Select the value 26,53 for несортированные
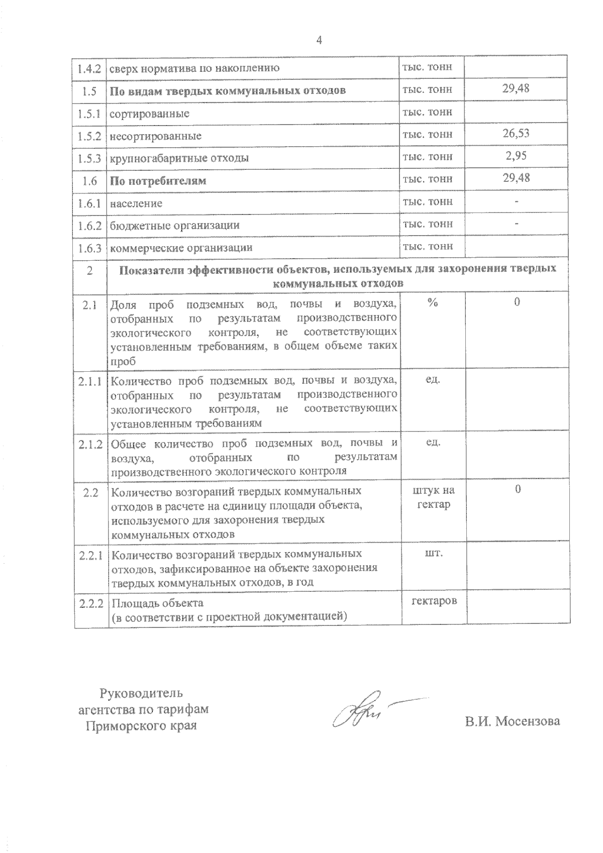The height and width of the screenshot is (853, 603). point(516,133)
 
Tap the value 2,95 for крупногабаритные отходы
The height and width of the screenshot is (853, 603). point(516,156)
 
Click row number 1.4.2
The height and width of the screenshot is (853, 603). point(89,68)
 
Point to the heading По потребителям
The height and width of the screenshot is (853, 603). point(158,181)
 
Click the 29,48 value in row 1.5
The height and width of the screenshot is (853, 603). point(516,88)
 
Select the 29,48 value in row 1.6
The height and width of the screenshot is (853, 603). point(516,178)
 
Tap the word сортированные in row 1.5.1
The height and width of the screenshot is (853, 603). point(150,114)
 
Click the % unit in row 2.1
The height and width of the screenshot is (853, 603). point(432,301)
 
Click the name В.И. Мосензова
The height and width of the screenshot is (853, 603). point(512,721)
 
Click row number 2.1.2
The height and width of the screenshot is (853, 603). point(90,444)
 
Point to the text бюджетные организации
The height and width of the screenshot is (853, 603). point(174,226)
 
